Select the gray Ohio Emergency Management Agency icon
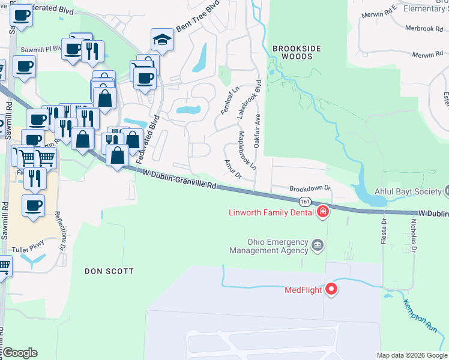pos(318,245)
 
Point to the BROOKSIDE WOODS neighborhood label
pos(293,52)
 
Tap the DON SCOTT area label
pos(109,271)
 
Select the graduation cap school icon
pos(161,40)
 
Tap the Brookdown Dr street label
pos(310,188)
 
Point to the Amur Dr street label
pos(232,169)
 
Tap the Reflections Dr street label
pos(61,231)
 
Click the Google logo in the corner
pos(20,353)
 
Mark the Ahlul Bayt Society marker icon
pos(446,191)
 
